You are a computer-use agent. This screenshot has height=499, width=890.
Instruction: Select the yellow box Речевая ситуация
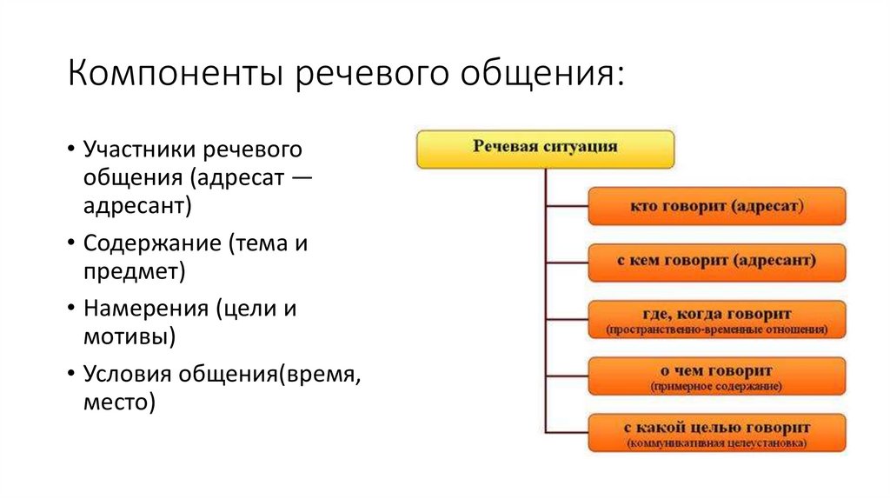pos(545,149)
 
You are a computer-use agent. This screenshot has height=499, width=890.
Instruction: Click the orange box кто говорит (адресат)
pos(716,207)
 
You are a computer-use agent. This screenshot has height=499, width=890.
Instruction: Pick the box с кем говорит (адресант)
pos(716,262)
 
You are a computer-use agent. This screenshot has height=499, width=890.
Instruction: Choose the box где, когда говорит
pos(716,319)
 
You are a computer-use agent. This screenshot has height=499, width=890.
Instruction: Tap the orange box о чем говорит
pos(716,376)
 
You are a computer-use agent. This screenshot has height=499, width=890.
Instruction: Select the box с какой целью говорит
pos(716,433)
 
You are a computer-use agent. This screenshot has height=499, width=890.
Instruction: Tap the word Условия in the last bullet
pos(128,373)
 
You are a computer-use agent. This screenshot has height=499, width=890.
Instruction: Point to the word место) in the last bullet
pos(119,401)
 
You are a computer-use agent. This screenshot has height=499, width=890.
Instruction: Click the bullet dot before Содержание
pos(69,244)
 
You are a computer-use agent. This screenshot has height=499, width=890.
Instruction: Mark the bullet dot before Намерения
pos(69,309)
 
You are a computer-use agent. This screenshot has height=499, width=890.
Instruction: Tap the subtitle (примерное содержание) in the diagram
pos(716,385)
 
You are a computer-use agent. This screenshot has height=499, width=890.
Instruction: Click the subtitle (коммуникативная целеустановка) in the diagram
pos(716,443)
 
